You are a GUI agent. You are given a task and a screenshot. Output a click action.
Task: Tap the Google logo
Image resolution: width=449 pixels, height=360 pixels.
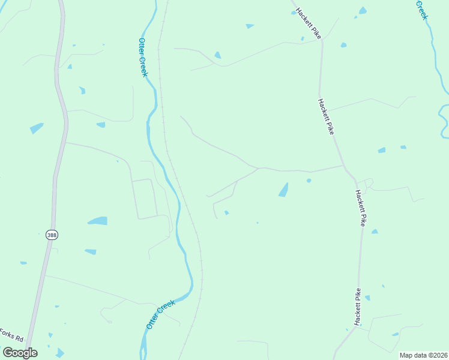coord(20,352)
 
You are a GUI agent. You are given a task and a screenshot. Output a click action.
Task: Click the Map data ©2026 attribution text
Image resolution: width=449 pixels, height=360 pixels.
coord(423,355)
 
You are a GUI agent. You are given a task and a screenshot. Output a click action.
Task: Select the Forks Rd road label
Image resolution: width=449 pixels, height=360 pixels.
coord(11,335)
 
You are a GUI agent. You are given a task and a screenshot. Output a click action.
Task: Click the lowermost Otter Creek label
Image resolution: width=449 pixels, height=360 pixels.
coord(160,314)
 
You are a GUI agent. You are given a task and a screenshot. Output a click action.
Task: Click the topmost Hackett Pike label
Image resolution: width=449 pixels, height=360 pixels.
coord(308,24)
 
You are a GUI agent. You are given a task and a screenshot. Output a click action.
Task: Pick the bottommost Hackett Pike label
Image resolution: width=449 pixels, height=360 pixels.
coord(358,307)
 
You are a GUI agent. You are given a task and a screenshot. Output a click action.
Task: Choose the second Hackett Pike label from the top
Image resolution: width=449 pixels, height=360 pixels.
coord(326,116)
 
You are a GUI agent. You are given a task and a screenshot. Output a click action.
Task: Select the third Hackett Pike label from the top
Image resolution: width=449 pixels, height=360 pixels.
coord(360,208)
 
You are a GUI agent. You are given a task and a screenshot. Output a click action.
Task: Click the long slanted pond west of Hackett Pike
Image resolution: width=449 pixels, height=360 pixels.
coord(283,190)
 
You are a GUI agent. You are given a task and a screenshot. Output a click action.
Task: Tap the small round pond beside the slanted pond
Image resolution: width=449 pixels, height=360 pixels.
coord(309,180)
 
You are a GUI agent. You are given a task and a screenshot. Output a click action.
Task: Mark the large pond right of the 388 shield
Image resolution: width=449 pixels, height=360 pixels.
coord(98,221)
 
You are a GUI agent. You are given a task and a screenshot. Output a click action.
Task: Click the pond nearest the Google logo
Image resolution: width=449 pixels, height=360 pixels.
coord(59,353)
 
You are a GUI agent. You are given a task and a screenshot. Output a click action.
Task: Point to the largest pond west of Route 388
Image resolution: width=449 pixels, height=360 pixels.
coord(37,128)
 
